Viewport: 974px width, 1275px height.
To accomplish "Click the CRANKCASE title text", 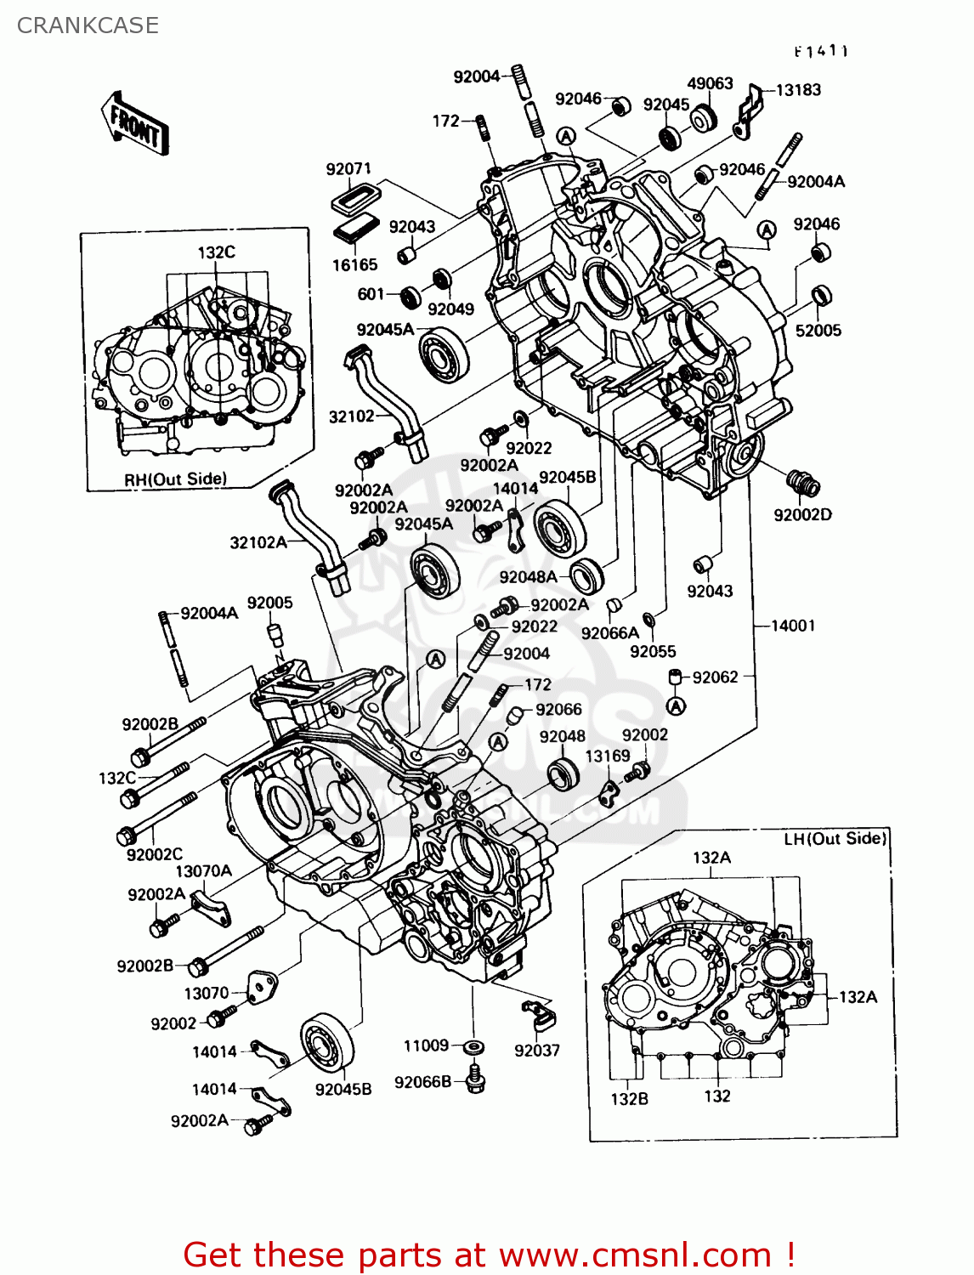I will [x=88, y=25].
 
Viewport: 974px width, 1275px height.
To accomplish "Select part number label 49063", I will [x=710, y=83].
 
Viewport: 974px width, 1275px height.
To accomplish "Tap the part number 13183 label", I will [x=798, y=90].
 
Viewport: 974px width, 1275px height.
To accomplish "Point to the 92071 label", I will [x=348, y=169].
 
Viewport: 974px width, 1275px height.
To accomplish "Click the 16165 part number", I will [x=354, y=265].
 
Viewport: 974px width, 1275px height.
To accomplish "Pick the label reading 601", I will [x=371, y=294].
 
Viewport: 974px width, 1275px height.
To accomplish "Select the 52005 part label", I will [x=818, y=331].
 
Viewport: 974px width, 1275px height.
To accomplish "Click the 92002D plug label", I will [x=802, y=515].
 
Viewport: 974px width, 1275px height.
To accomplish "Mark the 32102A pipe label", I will [x=258, y=542].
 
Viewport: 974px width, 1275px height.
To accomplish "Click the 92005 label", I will [x=269, y=603].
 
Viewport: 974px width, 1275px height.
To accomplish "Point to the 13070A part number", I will [x=203, y=871].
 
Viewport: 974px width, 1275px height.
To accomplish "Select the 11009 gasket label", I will [x=426, y=1045].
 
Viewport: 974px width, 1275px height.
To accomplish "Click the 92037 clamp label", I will [x=537, y=1051].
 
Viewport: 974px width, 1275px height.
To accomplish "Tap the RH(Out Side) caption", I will [x=176, y=479].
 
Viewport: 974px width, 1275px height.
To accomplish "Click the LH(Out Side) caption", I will [x=835, y=839].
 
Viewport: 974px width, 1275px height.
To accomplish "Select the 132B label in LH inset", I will [x=629, y=1099].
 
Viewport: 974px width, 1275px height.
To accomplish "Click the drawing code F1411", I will [x=821, y=51].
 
